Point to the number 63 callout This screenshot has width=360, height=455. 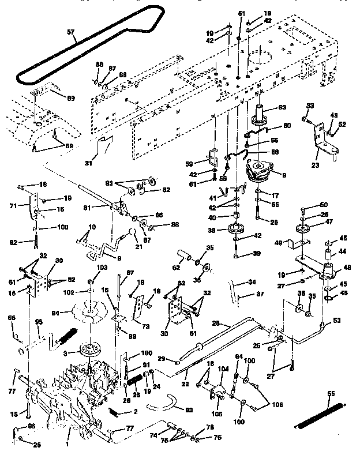point(283,107)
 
